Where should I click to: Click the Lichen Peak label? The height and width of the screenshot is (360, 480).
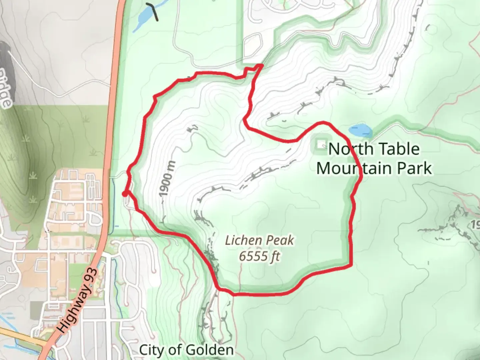[259, 240]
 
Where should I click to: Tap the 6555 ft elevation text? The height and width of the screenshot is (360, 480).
[259, 256]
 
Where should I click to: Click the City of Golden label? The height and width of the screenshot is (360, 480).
[186, 350]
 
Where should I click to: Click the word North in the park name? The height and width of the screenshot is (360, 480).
[347, 149]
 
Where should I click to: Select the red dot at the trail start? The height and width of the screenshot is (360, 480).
[124, 194]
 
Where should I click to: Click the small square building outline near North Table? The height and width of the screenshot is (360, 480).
[321, 144]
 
